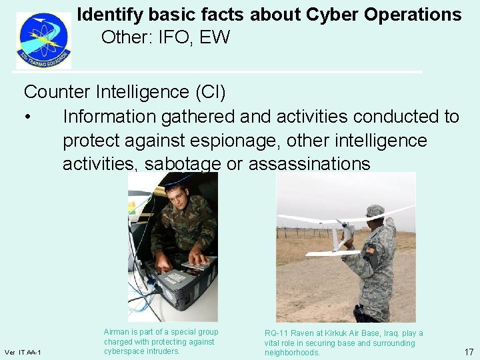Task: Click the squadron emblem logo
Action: click(44, 40)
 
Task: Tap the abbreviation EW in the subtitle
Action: click(214, 37)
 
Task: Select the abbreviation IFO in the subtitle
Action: click(175, 37)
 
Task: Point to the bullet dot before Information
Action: click(27, 117)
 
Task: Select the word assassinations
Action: click(309, 164)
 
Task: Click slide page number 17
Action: click(469, 351)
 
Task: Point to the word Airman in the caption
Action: click(117, 332)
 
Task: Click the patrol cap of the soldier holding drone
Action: click(375, 211)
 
